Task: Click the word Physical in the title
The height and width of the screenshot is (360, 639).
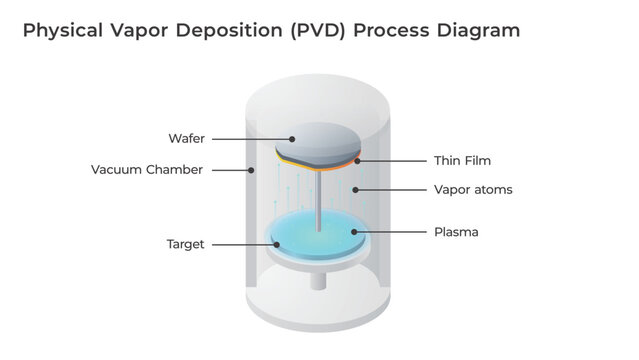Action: [59, 31]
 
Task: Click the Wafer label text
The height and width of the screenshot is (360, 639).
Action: [187, 138]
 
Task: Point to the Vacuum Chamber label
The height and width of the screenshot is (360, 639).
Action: [147, 169]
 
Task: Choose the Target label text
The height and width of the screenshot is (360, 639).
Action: [185, 244]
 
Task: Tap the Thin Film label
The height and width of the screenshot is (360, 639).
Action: [462, 160]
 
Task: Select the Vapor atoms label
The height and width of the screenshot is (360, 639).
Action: [473, 189]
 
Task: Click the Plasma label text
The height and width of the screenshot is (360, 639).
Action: [455, 232]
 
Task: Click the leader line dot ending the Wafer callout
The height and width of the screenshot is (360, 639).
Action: [292, 138]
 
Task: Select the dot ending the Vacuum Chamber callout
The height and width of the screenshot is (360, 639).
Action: [251, 169]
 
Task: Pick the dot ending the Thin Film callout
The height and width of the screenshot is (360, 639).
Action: [356, 160]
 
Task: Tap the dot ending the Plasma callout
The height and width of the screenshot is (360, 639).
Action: [352, 232]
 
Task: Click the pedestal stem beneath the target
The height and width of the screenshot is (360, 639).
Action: [318, 281]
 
